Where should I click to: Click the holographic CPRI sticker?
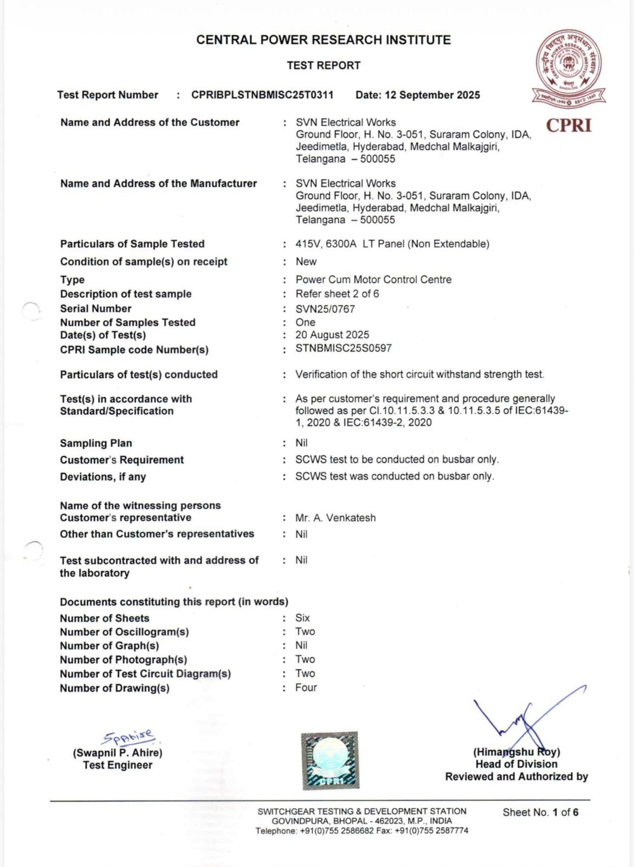[x=330, y=760]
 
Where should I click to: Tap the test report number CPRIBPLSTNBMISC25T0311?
[x=262, y=95]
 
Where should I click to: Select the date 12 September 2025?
[x=418, y=95]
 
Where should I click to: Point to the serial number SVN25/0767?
[x=325, y=309]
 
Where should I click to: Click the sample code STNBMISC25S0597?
[x=343, y=348]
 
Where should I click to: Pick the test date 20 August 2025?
[x=332, y=335]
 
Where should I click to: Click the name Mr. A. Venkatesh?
[x=335, y=517]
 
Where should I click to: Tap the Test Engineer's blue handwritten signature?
[x=130, y=737]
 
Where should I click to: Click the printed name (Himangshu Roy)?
[x=516, y=752]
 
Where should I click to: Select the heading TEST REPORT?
[x=324, y=66]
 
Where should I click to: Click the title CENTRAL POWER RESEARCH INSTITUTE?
[x=324, y=40]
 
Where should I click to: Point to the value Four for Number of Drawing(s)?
[x=306, y=687]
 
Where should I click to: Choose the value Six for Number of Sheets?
[x=302, y=618]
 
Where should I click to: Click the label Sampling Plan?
[x=96, y=443]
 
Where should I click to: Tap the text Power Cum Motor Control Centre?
[x=373, y=280]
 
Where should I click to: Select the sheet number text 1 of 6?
[x=565, y=812]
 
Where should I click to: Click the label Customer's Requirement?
[x=122, y=460]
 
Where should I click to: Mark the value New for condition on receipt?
[x=306, y=262]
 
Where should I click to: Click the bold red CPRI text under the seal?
[x=568, y=126]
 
